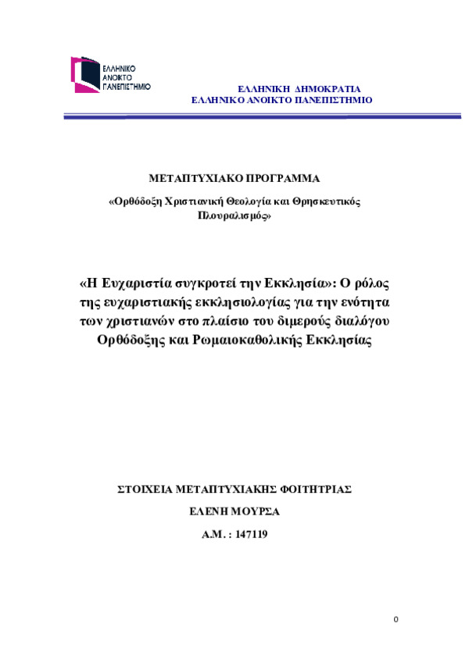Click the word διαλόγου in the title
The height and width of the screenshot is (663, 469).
[x=367, y=320]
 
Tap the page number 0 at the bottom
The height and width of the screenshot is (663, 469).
[x=396, y=619]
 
